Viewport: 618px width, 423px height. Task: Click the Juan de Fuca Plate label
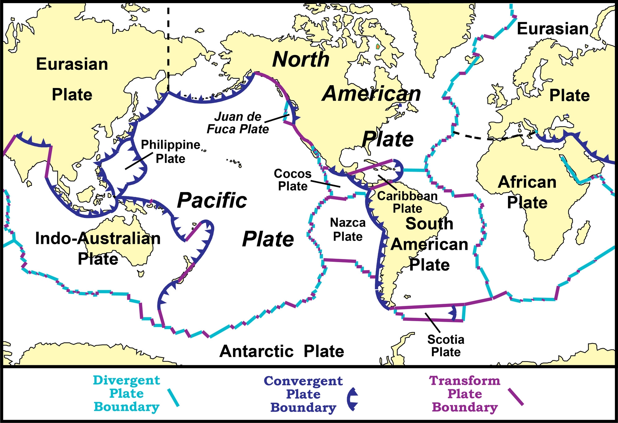click(x=238, y=123)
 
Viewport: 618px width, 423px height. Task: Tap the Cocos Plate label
click(x=292, y=180)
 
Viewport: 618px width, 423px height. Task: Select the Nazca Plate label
click(x=348, y=229)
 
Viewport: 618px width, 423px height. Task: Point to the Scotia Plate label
click(x=446, y=346)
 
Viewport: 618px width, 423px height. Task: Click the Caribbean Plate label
click(x=407, y=202)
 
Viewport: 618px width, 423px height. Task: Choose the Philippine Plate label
click(x=171, y=152)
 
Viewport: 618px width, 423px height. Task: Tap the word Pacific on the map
click(x=212, y=200)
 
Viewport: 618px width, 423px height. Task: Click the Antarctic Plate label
click(x=282, y=351)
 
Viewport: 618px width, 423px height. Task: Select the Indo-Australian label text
click(x=98, y=238)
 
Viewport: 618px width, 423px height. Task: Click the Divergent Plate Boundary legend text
click(x=126, y=393)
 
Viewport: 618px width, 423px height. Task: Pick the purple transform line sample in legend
click(x=516, y=397)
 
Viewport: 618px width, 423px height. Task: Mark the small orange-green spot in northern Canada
click(x=378, y=47)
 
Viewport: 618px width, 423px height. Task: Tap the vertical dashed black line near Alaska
click(x=168, y=46)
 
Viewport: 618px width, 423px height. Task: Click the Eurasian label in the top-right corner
click(x=552, y=29)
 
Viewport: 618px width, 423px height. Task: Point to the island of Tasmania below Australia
click(x=141, y=274)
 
